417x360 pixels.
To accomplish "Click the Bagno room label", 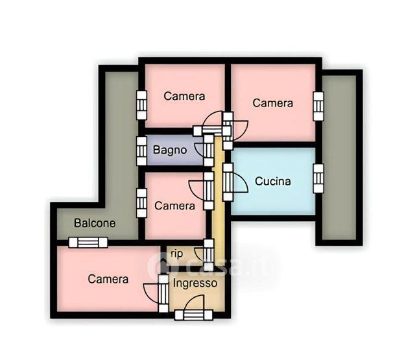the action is (170, 150).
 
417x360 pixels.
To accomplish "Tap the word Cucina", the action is (272, 181).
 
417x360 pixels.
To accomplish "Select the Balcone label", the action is (95, 223).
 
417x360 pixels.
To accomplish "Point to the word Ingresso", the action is (195, 283).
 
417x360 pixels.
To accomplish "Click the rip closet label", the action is (177, 254).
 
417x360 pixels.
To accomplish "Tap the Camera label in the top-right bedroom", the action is (272, 103).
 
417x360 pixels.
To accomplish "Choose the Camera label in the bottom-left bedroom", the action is (108, 279).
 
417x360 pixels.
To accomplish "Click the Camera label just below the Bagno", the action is (174, 206).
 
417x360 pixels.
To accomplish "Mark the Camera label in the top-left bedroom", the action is (184, 96).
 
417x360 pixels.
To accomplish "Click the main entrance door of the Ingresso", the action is (194, 315).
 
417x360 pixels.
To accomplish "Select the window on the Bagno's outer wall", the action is (141, 151).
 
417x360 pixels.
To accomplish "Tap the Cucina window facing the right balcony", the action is (318, 178).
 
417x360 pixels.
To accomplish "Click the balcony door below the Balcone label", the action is (88, 243).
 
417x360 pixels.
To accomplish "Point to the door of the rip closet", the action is (209, 255).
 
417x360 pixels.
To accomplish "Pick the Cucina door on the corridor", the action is (228, 182).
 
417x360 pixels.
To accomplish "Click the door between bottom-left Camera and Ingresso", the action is (163, 293).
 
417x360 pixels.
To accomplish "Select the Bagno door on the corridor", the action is (209, 150).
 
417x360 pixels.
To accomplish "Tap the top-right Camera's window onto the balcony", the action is (318, 106).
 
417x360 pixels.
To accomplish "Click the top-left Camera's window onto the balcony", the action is (141, 105).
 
